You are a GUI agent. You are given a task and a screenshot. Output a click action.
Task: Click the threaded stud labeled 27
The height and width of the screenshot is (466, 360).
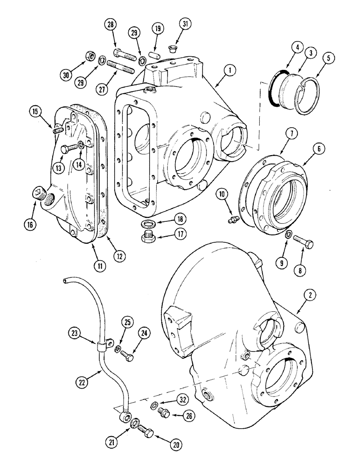point(121,66)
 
